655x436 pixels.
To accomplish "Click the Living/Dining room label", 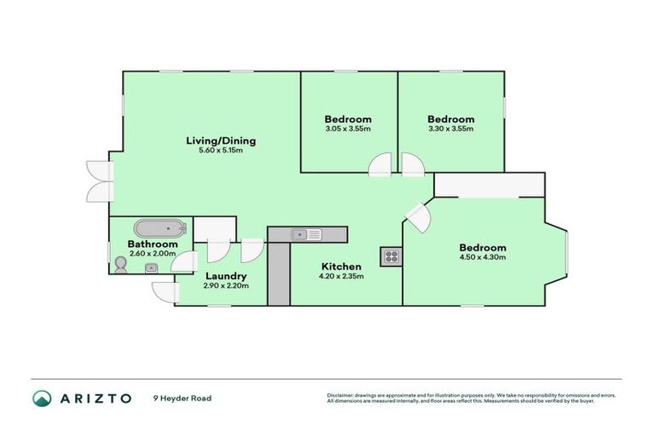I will [x=221, y=141].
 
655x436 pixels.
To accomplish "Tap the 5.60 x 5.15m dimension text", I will [x=221, y=151].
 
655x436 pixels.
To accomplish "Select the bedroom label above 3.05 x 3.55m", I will [x=348, y=118].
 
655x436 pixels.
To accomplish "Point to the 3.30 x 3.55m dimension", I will [x=450, y=129].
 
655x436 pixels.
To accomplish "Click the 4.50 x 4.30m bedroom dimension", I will [x=484, y=257].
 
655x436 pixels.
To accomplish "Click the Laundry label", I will [x=226, y=276].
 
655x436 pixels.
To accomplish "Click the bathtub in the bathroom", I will [x=159, y=227].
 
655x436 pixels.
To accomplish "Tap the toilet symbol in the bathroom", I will [x=120, y=265].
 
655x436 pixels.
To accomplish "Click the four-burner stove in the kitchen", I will [x=391, y=255].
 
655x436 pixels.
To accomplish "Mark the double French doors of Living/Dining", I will [x=101, y=180].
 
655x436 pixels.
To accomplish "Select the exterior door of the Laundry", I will [x=162, y=292].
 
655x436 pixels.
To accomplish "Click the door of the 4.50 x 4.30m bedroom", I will [x=417, y=218].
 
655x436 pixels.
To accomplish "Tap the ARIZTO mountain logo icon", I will [x=42, y=398].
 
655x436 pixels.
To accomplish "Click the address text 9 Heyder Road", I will [x=182, y=398].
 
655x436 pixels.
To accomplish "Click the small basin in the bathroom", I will [x=151, y=267].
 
